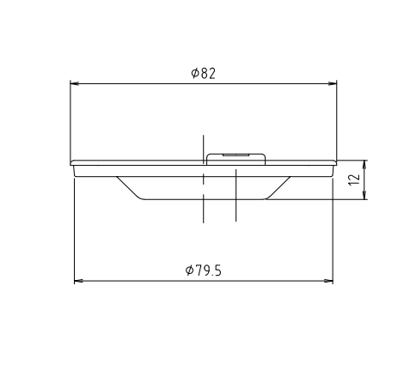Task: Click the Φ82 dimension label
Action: [x=203, y=73]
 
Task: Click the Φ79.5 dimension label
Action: [x=204, y=271]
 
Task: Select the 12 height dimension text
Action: [x=354, y=179]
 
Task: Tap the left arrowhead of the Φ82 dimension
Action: [x=75, y=83]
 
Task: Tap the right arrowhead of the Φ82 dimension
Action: [x=333, y=83]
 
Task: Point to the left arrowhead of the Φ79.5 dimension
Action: [x=79, y=281]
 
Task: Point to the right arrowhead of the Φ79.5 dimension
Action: [x=328, y=281]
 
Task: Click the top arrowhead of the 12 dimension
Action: [x=364, y=165]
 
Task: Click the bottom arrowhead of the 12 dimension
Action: [x=364, y=195]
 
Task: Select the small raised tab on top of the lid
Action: [x=236, y=159]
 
